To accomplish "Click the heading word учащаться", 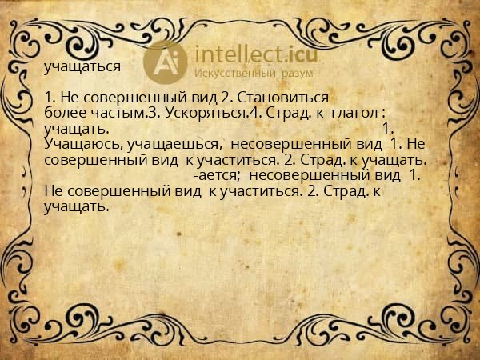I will [83, 67].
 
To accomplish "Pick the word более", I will [63, 113].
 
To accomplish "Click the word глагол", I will [356, 113].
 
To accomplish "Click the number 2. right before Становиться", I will [226, 98].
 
